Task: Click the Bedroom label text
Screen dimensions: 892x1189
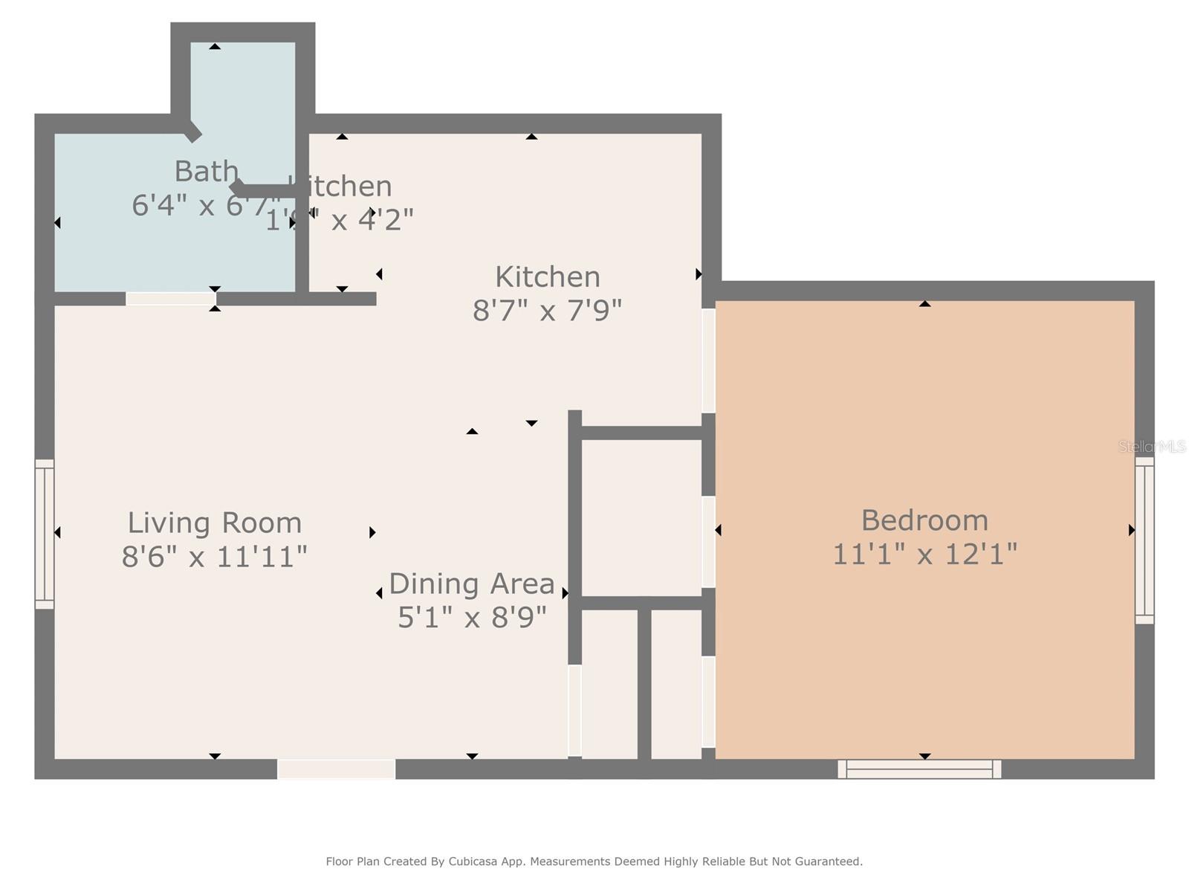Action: click(924, 520)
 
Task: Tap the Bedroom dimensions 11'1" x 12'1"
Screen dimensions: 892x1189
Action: click(924, 555)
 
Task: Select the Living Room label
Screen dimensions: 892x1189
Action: click(215, 523)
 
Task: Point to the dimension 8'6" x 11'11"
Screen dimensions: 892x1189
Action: click(215, 556)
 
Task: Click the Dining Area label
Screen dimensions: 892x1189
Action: click(472, 584)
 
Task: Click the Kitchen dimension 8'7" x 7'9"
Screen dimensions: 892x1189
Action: click(547, 310)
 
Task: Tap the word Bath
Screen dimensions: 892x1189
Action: click(206, 172)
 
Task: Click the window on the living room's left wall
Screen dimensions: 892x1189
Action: click(45, 534)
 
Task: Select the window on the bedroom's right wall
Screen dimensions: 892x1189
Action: click(1144, 540)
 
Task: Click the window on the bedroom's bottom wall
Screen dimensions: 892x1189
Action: click(919, 769)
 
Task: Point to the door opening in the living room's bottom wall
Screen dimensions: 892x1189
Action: click(336, 769)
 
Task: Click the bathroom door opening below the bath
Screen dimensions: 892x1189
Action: click(170, 299)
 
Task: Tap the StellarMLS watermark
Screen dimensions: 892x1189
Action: click(1153, 447)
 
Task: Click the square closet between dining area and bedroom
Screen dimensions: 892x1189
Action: click(641, 517)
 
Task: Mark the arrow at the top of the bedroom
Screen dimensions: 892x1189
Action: click(924, 303)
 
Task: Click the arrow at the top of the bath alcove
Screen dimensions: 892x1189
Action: click(215, 47)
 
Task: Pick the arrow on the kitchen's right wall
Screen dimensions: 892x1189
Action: click(698, 274)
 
